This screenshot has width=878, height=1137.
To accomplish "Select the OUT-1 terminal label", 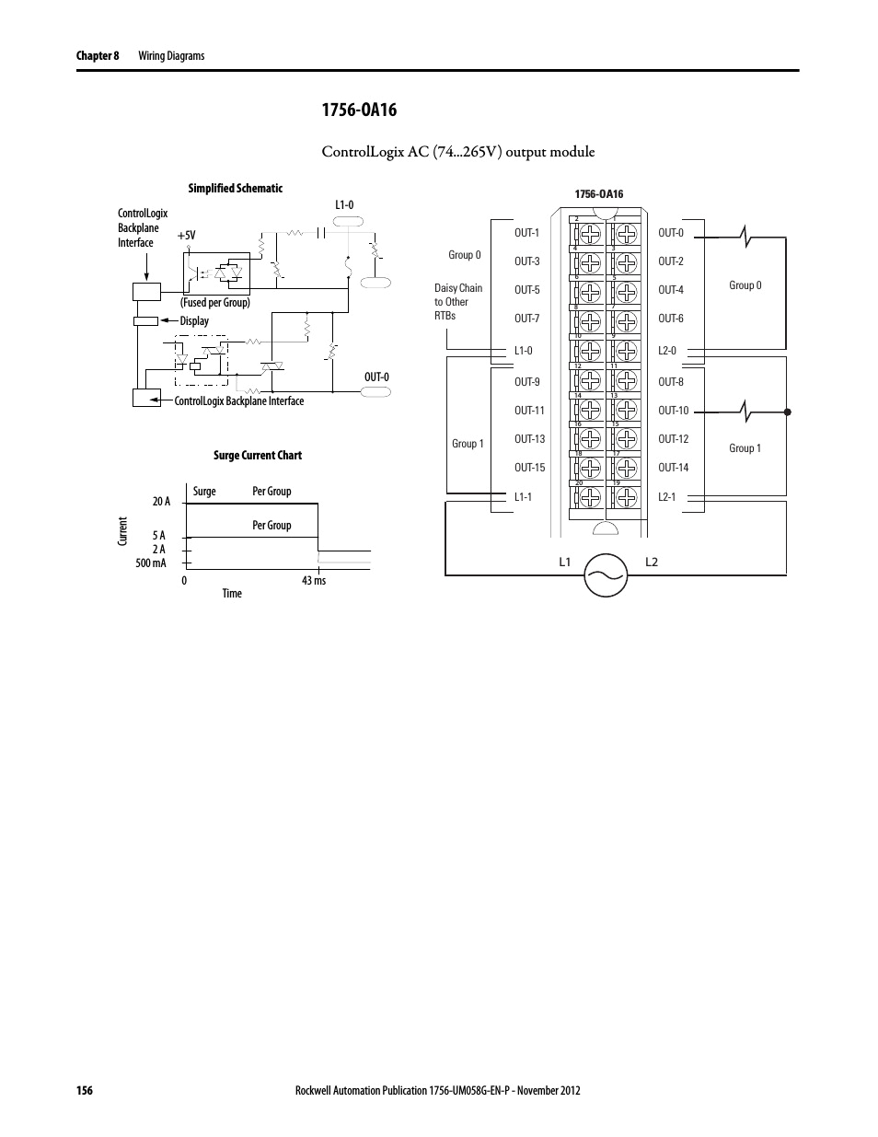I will [526, 233].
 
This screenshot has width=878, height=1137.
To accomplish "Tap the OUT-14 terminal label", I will [673, 468].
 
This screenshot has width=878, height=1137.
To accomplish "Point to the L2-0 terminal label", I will [667, 351].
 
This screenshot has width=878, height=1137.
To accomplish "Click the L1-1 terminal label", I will [523, 497].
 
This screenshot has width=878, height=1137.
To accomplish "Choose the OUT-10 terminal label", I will [673, 411].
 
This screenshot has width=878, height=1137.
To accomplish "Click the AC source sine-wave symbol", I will [607, 574].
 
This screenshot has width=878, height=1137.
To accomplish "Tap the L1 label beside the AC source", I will [565, 563].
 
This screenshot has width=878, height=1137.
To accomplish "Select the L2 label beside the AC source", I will [651, 563].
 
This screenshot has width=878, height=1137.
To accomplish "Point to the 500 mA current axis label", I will [151, 563].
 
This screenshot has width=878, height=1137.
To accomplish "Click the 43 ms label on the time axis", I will [314, 581].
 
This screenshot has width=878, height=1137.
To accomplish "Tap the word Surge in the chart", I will [204, 492].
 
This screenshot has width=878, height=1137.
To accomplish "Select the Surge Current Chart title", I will [258, 456].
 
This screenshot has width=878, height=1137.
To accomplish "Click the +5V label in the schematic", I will [187, 236].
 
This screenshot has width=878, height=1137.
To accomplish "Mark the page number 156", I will [84, 1091].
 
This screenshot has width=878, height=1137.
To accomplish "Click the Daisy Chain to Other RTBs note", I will [457, 302].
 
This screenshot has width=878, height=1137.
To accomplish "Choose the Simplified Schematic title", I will [236, 189].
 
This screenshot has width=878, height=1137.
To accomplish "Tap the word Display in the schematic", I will [194, 321].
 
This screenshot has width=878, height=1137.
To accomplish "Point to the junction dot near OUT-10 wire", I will [787, 412].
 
